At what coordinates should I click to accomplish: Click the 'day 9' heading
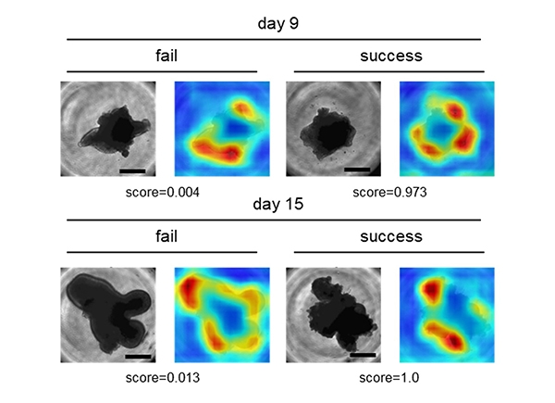click(x=278, y=24)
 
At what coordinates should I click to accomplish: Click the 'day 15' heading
click(x=278, y=204)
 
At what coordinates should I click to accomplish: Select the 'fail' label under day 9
click(x=166, y=56)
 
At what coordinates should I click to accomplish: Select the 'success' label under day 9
click(x=391, y=56)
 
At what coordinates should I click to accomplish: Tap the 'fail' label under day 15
click(x=166, y=236)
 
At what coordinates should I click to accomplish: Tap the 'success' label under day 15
click(x=391, y=236)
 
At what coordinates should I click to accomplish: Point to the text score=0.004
click(x=163, y=192)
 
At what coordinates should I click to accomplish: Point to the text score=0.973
click(x=389, y=192)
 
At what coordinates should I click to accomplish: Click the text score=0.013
click(x=163, y=377)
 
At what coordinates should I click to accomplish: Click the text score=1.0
click(x=389, y=377)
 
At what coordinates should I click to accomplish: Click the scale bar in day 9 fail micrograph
click(x=132, y=171)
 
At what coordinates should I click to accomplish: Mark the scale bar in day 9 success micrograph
click(x=357, y=170)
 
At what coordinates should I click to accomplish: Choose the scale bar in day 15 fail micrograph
click(x=138, y=357)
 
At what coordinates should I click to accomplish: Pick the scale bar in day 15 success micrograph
click(x=363, y=355)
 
